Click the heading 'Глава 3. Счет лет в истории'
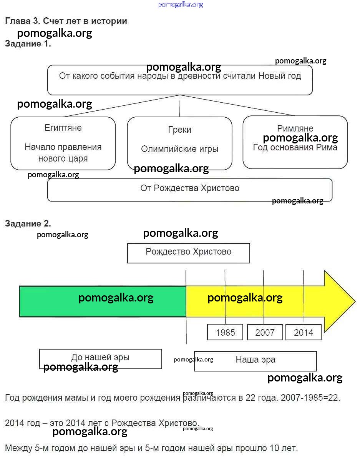pos(66,21)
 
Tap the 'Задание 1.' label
pos(28,44)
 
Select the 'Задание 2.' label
pos(28,223)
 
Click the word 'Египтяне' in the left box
pos(63,128)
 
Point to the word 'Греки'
pos(179,130)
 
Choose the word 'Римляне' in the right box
pos(295,128)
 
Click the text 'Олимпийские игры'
pos(179,149)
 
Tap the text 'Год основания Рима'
pos(295,147)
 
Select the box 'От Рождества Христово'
pos(190,188)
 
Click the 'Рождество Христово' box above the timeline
pos(188,252)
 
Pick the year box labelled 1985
pos(225,332)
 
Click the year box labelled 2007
pos(265,332)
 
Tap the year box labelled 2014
pos(304,332)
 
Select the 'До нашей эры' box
pos(100,358)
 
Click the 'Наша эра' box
pos(255,360)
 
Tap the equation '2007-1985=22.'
pos(310,398)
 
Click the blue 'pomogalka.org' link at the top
pos(180,5)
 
